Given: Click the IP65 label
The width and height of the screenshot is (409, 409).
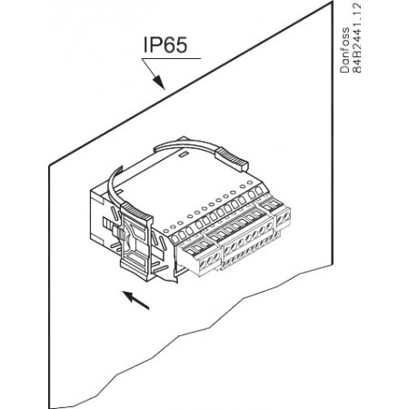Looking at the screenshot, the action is pyautogui.click(x=165, y=45).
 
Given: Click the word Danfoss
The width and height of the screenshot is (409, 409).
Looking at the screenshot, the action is pyautogui.click(x=344, y=50).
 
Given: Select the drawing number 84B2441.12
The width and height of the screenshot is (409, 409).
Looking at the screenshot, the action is pyautogui.click(x=357, y=38).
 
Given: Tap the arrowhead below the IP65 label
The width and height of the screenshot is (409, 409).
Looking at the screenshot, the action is pyautogui.click(x=159, y=83).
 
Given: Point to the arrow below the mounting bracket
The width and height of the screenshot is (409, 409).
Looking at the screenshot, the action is pyautogui.click(x=135, y=300).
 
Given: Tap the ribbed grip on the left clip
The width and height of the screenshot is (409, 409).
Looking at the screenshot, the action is pyautogui.click(x=137, y=212).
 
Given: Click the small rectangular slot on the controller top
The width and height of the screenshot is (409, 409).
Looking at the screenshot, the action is pyautogui.click(x=183, y=155).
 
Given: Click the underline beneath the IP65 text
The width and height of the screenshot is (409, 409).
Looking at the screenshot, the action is pyautogui.click(x=171, y=58).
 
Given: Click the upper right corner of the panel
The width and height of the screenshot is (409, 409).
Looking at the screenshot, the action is pyautogui.click(x=333, y=2).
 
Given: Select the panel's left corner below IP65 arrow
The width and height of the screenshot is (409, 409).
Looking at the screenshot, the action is pyautogui.click(x=49, y=165).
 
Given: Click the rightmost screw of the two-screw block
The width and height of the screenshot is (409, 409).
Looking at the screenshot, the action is pyautogui.click(x=285, y=216).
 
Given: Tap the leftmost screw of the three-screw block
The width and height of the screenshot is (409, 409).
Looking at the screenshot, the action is pyautogui.click(x=202, y=263).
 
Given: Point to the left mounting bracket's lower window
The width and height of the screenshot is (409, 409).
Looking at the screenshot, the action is pyautogui.click(x=135, y=259).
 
